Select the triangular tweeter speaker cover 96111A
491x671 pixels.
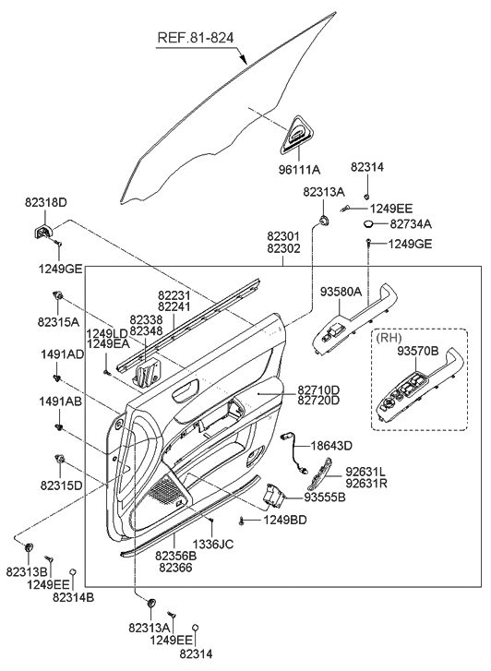[294, 133]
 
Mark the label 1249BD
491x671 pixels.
[284, 521]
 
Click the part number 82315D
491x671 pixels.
[60, 485]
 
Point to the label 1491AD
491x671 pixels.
[61, 353]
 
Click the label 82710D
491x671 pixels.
[318, 389]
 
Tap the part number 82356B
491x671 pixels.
[175, 557]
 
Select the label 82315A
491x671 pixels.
[60, 322]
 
